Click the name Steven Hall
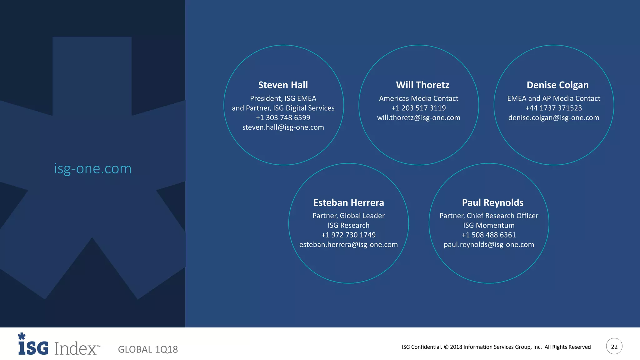[x=283, y=85]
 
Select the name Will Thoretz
[x=422, y=85]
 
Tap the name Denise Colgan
[x=557, y=85]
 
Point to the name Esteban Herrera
[x=348, y=202]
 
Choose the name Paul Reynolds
[x=492, y=202]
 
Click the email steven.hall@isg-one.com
[x=283, y=127]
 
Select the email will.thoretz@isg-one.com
[x=418, y=118]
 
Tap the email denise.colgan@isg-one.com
[x=553, y=118]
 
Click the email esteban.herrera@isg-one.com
[x=348, y=245]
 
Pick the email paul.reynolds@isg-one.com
[x=489, y=245]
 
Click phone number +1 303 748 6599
[x=283, y=118]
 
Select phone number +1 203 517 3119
[x=418, y=108]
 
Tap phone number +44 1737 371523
[x=553, y=108]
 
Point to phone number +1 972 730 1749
[x=348, y=235]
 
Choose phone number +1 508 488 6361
[x=489, y=235]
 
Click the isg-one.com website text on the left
[x=93, y=169]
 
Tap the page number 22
[x=614, y=347]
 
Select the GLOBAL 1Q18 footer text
[x=148, y=349]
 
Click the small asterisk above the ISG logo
[x=22, y=336]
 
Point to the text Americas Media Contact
[x=418, y=98]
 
